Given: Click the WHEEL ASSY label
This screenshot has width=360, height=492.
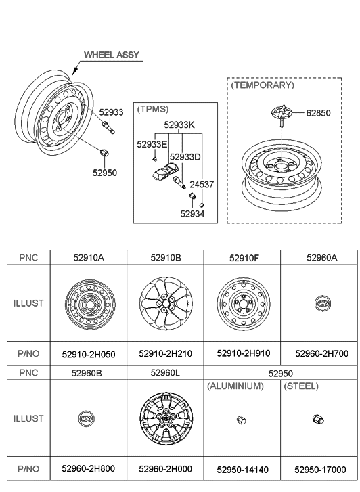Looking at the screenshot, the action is pyautogui.click(x=112, y=55).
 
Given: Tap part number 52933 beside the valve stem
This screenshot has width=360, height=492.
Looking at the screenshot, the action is pyautogui.click(x=111, y=112).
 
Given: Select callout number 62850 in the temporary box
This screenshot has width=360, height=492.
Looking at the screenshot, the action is pyautogui.click(x=318, y=113).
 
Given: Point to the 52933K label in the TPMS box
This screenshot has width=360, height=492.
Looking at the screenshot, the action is pyautogui.click(x=179, y=125).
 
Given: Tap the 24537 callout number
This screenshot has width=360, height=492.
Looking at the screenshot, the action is pyautogui.click(x=202, y=185).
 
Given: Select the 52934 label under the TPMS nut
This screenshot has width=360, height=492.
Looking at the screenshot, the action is pyautogui.click(x=192, y=214).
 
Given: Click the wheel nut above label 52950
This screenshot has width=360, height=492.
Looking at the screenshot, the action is pyautogui.click(x=104, y=153).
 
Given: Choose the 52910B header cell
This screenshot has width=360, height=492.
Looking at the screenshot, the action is pyautogui.click(x=166, y=258).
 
